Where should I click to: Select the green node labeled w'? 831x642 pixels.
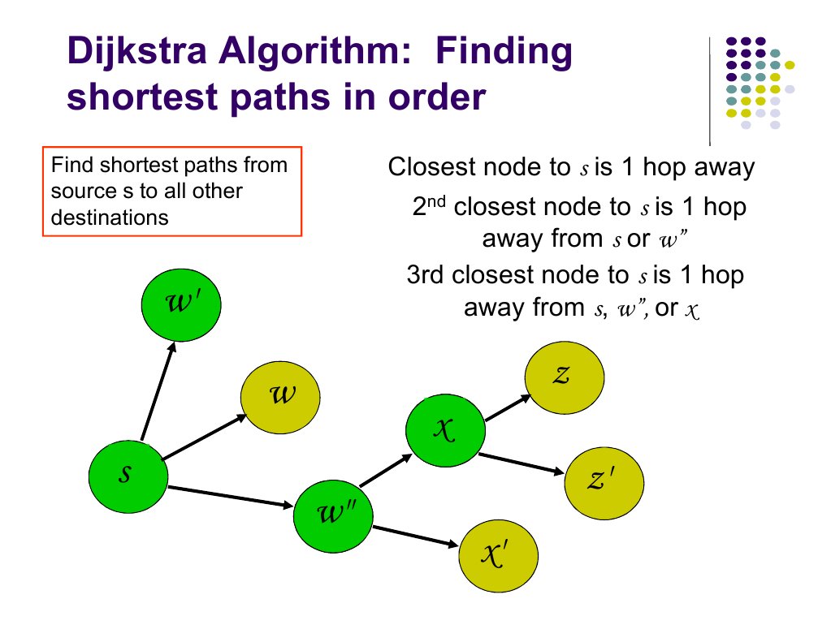tap(181, 304)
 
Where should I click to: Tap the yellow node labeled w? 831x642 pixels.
tap(281, 396)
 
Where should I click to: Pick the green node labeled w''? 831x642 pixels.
tap(333, 515)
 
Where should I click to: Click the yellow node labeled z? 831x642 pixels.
tap(565, 375)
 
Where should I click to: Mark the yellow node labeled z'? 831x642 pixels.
tap(604, 482)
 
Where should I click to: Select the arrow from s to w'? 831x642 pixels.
tap(158, 390)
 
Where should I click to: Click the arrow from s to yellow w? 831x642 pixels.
tap(206, 437)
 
